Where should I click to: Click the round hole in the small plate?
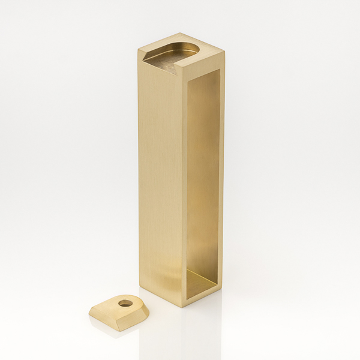(x=125, y=303)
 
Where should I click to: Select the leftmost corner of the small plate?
(x=89, y=311)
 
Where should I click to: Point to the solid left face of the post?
(x=159, y=180)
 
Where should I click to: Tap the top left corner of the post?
(x=139, y=52)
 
